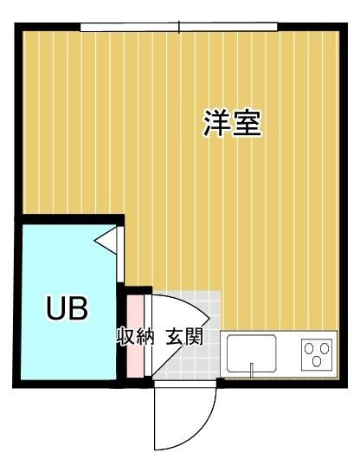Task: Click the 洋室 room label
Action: (x=232, y=123)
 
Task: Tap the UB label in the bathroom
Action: (x=67, y=309)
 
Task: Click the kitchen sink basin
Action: (x=252, y=353)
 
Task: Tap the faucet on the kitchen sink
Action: (x=252, y=370)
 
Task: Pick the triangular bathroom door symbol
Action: (x=108, y=239)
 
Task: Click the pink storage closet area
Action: (x=135, y=355)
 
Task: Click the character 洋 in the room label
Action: (x=216, y=123)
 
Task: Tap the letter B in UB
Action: (x=78, y=309)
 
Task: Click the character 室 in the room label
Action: (x=247, y=123)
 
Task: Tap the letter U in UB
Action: (x=55, y=309)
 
